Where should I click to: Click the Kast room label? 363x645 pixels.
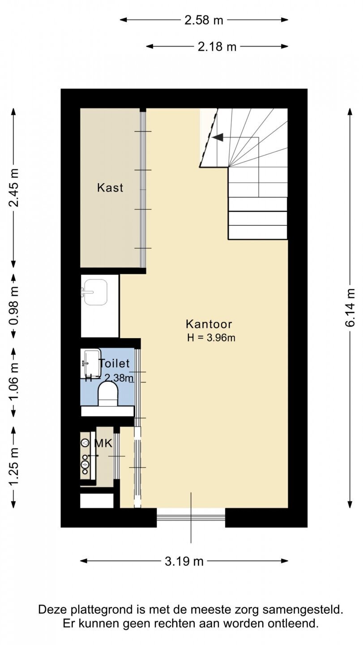(x=110, y=188)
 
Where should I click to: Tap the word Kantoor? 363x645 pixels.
(x=209, y=324)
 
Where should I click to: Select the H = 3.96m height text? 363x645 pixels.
(x=211, y=337)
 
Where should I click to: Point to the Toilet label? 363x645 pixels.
(x=115, y=363)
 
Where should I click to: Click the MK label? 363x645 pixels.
(x=103, y=443)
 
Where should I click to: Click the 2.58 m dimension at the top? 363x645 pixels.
(x=204, y=21)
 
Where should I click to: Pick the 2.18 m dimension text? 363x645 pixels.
(x=217, y=47)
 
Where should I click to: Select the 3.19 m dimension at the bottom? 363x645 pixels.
(x=184, y=561)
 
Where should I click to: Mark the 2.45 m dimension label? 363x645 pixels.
(x=13, y=187)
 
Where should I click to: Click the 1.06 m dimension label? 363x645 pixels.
(x=13, y=382)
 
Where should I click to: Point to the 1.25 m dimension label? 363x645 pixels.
(x=13, y=466)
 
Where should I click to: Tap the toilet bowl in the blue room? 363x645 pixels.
(x=108, y=394)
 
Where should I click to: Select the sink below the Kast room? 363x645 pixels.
(x=94, y=292)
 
